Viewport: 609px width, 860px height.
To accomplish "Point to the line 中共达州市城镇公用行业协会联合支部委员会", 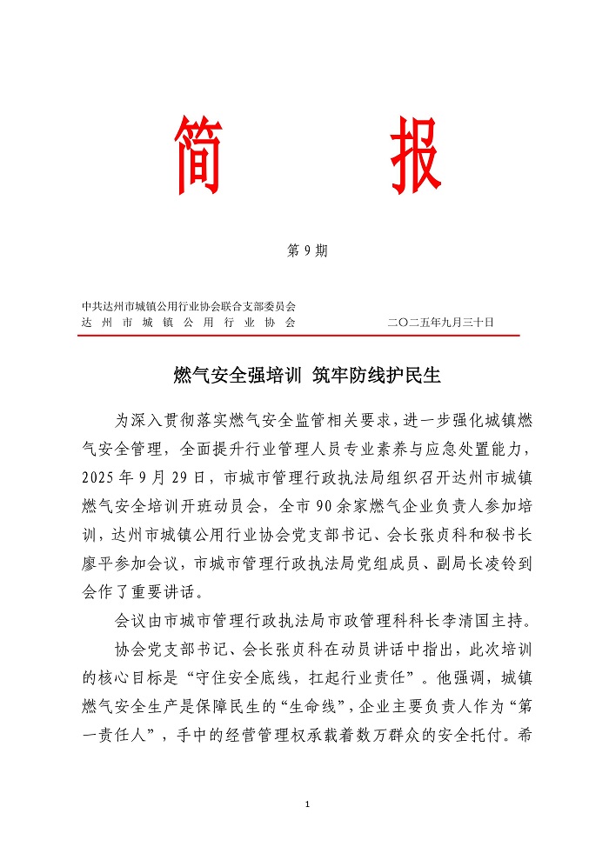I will (189, 306).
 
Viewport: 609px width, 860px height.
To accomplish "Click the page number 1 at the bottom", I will (308, 805).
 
